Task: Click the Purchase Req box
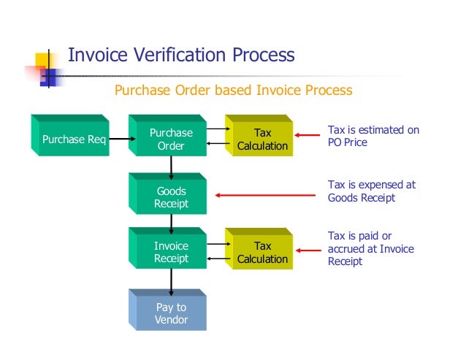pos(74,139)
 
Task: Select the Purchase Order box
pos(171,139)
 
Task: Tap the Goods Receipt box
pos(171,197)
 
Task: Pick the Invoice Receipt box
pos(171,252)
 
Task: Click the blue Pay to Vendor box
pos(171,313)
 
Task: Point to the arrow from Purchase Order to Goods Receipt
pos(171,166)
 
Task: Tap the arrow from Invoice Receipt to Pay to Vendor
pos(171,279)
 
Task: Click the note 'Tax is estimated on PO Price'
pos(373,136)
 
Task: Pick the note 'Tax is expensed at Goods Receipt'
pos(370,191)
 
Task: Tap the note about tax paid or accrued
pos(370,248)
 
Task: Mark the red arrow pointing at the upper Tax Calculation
pos(310,136)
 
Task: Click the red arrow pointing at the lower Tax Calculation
pos(310,251)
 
